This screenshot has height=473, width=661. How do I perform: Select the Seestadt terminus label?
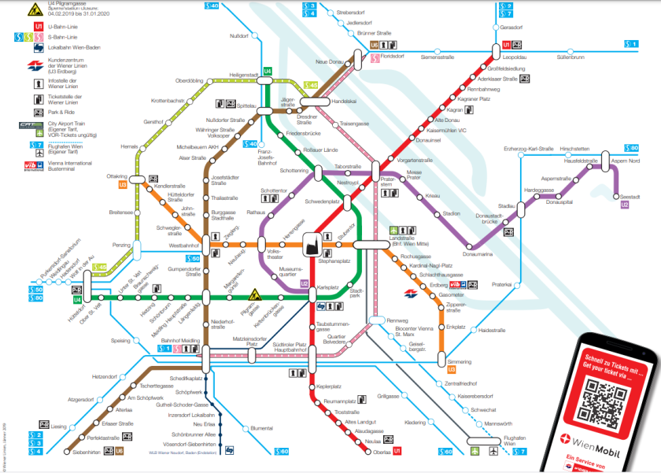tap(630, 197)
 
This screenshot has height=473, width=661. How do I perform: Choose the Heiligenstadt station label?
tap(243, 75)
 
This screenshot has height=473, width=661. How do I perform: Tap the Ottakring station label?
tap(117, 177)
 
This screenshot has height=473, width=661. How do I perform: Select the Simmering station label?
tap(459, 361)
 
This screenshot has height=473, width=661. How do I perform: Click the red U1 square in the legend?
tap(38, 27)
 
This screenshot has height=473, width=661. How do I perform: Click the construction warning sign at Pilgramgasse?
tap(254, 297)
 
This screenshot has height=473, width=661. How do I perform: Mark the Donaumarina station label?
tap(478, 254)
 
